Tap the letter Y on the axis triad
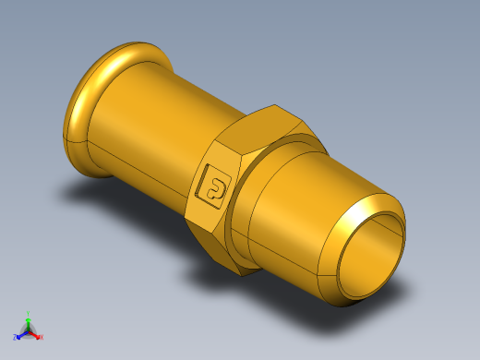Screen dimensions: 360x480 click(x=29, y=312)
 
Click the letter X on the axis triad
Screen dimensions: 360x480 click(x=42, y=337)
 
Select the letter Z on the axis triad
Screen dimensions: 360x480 click(x=15, y=337)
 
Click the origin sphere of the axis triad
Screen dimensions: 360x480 click(x=28, y=330)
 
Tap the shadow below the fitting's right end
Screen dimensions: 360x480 click(x=388, y=295)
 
